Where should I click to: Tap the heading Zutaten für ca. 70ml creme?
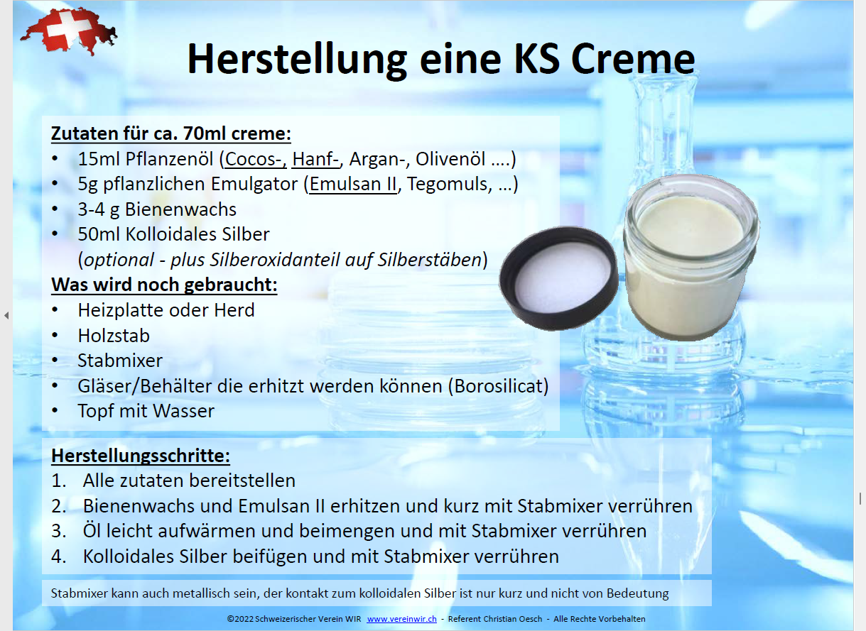tap(171, 133)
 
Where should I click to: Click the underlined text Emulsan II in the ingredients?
tap(353, 185)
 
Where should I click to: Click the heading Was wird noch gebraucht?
tap(164, 285)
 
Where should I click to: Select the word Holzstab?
tap(114, 335)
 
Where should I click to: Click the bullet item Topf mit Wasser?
tap(146, 411)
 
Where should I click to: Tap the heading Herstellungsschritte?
tap(141, 455)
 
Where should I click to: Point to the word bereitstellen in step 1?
tap(242, 481)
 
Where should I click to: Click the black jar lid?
tap(560, 280)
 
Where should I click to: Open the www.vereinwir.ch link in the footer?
tap(401, 619)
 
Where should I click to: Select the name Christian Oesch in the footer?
tap(513, 619)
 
